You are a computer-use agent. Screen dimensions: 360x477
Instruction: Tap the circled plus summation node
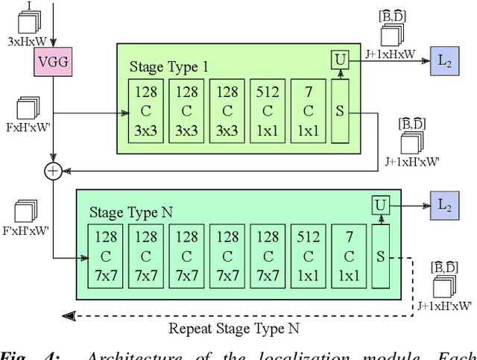(52, 171)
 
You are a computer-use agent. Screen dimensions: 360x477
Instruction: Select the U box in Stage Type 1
(341, 58)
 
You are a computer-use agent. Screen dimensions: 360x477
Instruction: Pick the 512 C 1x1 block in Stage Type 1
(268, 110)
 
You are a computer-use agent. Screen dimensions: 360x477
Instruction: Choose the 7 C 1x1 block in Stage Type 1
(309, 110)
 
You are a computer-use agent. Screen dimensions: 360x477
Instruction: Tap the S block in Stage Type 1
(341, 112)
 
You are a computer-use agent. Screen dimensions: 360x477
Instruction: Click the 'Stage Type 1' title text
(169, 67)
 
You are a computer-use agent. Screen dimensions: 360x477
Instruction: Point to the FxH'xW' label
(27, 127)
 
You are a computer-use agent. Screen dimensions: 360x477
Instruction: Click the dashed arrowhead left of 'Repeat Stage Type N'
(69, 315)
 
